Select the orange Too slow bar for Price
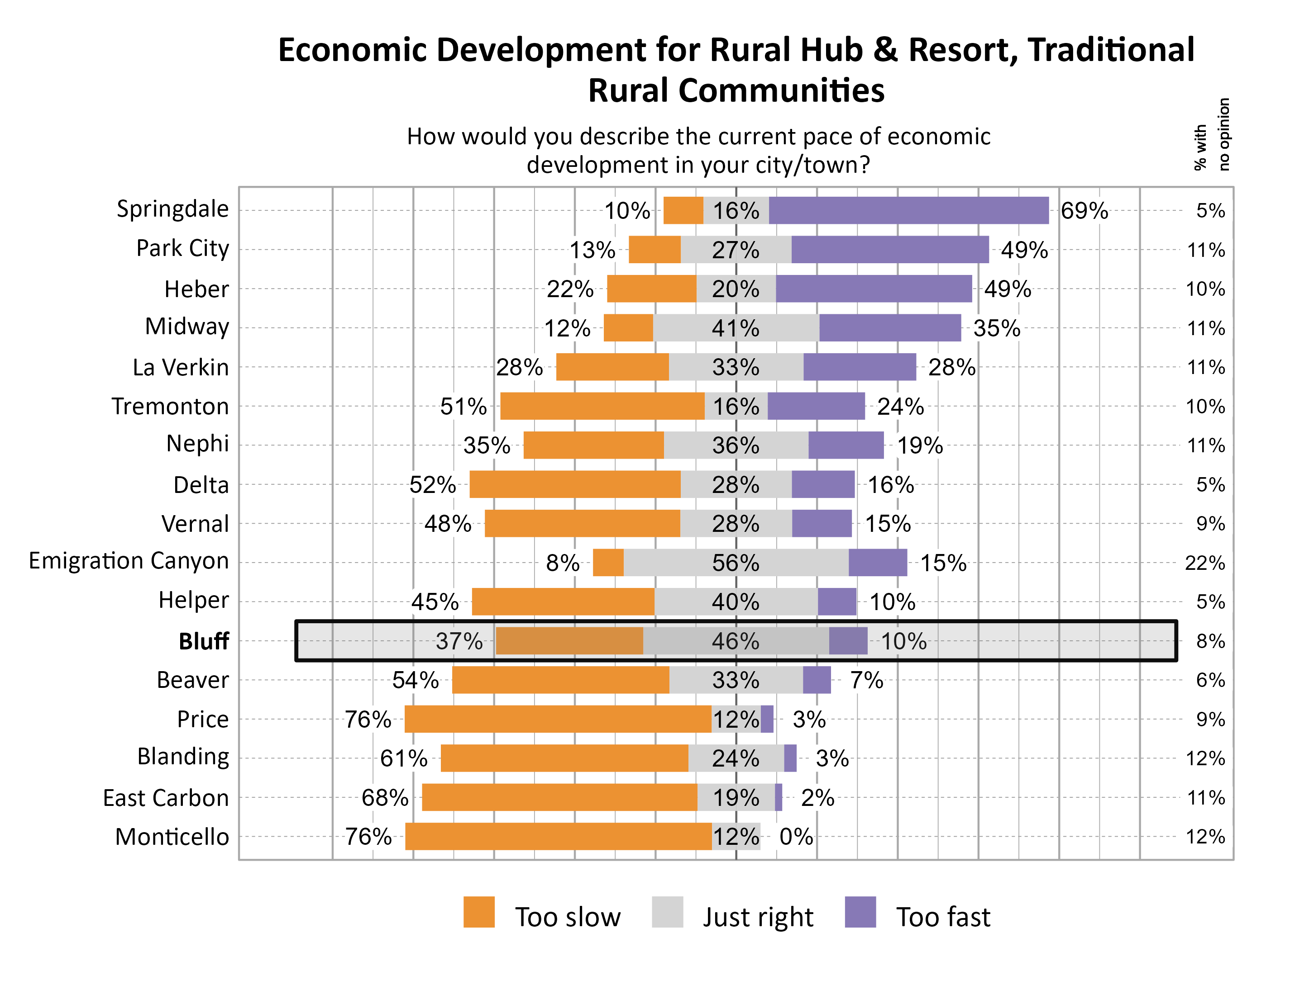(x=558, y=719)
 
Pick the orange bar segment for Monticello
(x=558, y=836)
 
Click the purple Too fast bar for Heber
(x=874, y=289)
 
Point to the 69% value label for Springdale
(x=1084, y=211)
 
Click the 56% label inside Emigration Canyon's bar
(x=736, y=563)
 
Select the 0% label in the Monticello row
(x=796, y=836)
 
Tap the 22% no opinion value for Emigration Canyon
(x=1204, y=563)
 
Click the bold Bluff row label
(x=203, y=641)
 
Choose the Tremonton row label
(x=170, y=406)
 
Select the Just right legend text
(x=758, y=917)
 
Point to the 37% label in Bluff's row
(x=459, y=641)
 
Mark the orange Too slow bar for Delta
(x=575, y=484)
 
